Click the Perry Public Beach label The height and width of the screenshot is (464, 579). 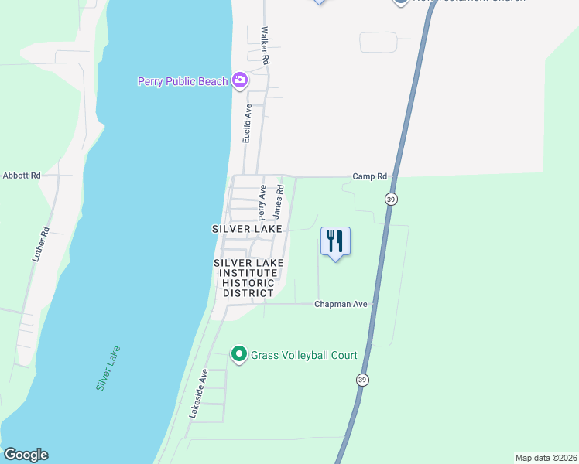point(183,81)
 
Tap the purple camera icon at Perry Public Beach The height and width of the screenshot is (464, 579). point(240,80)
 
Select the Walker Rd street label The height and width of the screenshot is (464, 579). point(265,46)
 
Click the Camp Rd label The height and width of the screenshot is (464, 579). point(369,176)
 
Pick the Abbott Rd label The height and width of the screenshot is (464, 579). point(22,176)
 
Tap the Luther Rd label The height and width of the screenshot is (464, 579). point(41,243)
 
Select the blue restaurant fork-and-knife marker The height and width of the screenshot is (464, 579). point(335,241)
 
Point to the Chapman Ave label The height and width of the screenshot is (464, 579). point(340,304)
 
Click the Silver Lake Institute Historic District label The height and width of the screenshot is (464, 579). point(248,278)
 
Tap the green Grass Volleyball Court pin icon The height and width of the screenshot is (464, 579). point(239,355)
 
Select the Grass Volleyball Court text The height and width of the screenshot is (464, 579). point(303,355)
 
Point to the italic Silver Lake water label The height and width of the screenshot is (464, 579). point(108,368)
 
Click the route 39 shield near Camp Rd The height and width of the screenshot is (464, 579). point(392,199)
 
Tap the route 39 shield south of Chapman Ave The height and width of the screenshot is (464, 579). point(362,380)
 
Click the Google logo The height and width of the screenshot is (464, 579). point(26,455)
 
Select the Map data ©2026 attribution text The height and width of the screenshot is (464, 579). point(546,458)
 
